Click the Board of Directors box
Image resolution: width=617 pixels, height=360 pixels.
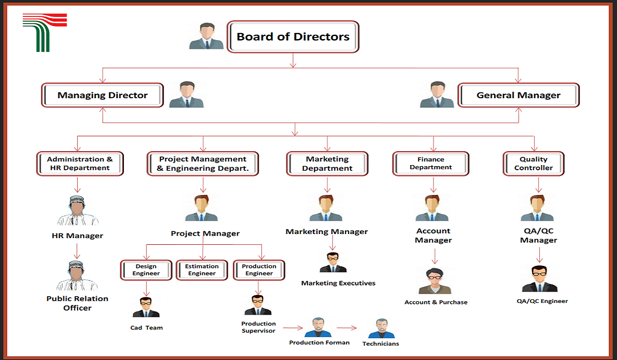tap(293, 37)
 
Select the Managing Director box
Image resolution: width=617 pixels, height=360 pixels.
tap(102, 95)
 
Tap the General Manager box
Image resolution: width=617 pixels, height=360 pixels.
tap(518, 95)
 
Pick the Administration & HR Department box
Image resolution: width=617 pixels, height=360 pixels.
tap(80, 164)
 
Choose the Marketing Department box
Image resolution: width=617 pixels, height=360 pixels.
tap(327, 164)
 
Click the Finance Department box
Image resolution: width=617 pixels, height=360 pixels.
tap(431, 164)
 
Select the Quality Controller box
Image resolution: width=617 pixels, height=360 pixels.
tap(534, 164)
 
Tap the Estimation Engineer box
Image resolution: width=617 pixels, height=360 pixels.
tap(202, 270)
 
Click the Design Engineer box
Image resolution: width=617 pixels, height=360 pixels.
tap(146, 270)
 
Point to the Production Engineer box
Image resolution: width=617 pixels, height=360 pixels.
tap(259, 270)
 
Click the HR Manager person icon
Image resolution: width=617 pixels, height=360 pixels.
tap(78, 211)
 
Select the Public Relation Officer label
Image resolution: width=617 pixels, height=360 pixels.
tap(78, 303)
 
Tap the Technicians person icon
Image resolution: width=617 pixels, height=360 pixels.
tap(381, 328)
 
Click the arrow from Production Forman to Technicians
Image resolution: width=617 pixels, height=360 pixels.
tap(347, 328)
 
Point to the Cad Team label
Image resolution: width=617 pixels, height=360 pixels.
tap(146, 328)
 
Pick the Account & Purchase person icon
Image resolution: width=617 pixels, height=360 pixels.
tap(435, 281)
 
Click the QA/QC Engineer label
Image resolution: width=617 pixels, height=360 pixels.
tap(542, 301)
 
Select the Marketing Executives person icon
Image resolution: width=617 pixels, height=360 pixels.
tap(333, 262)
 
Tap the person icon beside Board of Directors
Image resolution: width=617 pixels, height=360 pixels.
tap(206, 36)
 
